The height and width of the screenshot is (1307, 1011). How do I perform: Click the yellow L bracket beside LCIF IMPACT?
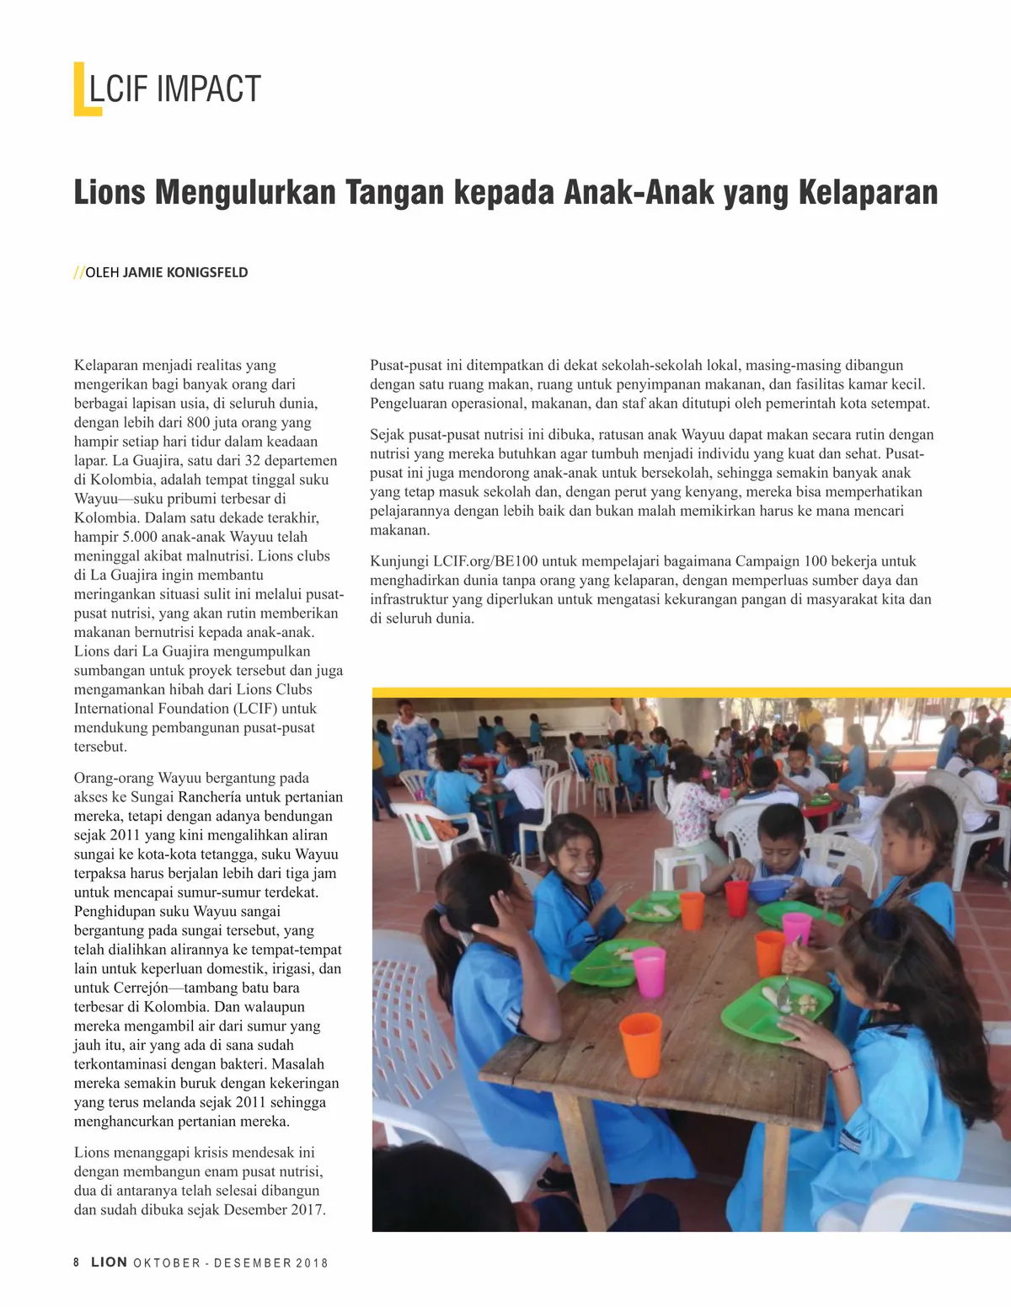coord(83,89)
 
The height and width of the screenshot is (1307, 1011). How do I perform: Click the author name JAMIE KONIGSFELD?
coord(185,272)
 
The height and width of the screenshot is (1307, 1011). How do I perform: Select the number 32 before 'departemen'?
coord(253,460)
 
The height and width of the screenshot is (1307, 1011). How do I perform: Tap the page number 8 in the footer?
coord(77,1262)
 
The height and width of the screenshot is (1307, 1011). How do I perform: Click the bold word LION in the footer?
coord(110,1262)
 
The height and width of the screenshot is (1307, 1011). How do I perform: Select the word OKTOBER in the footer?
coord(167,1263)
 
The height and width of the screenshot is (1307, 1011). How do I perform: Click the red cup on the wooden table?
coord(736,897)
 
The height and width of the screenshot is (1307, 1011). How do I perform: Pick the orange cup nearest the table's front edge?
coord(640,1045)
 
